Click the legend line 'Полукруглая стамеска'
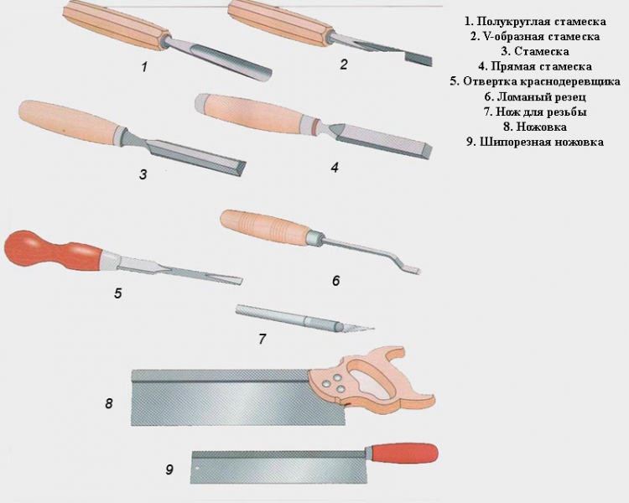535,21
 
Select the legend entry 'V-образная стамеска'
535,37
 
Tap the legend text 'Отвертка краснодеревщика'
535,81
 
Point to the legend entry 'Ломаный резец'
535,96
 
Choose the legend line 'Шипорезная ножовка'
535,142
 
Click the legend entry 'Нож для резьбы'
535,111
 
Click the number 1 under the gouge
144,66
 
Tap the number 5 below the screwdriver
117,293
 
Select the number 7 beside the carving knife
262,339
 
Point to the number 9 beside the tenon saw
169,469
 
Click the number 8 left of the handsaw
109,403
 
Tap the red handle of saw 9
404,454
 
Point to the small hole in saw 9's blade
197,468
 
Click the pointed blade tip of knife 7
372,329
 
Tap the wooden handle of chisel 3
69,122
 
